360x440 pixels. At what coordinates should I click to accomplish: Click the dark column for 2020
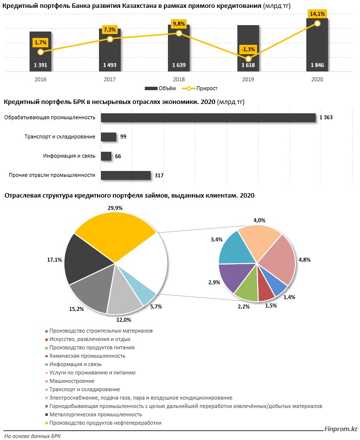[317, 47]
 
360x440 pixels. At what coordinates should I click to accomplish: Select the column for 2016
[40, 52]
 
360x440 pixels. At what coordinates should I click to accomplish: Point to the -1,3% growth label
[248, 49]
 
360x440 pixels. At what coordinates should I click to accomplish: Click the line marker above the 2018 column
[179, 33]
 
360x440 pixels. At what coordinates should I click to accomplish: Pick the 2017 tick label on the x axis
[109, 79]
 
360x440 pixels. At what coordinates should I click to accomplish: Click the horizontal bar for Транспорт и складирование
[108, 136]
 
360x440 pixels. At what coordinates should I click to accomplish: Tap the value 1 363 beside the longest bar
[327, 117]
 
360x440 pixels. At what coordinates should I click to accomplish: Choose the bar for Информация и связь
[106, 156]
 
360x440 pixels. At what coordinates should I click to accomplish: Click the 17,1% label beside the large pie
[54, 259]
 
